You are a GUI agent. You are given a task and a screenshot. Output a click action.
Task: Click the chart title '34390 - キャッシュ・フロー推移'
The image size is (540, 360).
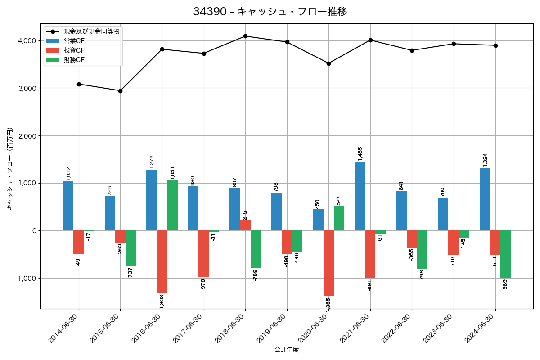[270, 12]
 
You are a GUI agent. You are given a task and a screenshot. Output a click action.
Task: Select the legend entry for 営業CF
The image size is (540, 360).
[74, 41]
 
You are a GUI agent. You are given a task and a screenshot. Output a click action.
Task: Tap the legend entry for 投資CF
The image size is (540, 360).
[74, 50]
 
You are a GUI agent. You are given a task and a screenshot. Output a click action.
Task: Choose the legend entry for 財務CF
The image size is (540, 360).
[74, 60]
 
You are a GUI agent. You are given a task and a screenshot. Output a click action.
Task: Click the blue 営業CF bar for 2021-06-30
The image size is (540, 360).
[360, 196]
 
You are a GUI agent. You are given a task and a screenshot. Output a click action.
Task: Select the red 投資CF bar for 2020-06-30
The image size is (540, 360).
[328, 263]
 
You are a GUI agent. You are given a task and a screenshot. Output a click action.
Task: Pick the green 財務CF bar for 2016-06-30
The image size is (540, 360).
[172, 206]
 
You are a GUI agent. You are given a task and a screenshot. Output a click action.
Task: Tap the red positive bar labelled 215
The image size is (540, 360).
[245, 225]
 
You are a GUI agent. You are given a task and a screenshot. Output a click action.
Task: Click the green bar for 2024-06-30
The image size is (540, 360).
[505, 254]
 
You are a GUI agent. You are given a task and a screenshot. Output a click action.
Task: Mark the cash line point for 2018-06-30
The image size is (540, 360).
[245, 36]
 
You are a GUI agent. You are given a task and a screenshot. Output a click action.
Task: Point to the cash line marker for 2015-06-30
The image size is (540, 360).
[120, 91]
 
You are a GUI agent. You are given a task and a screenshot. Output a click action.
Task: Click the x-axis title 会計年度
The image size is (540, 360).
[287, 350]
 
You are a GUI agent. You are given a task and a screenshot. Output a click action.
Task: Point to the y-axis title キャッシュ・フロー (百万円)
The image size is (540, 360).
[10, 175]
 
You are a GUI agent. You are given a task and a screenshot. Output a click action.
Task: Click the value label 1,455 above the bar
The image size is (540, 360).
[360, 153]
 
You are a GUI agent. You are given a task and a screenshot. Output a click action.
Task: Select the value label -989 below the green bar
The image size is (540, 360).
[505, 285]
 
